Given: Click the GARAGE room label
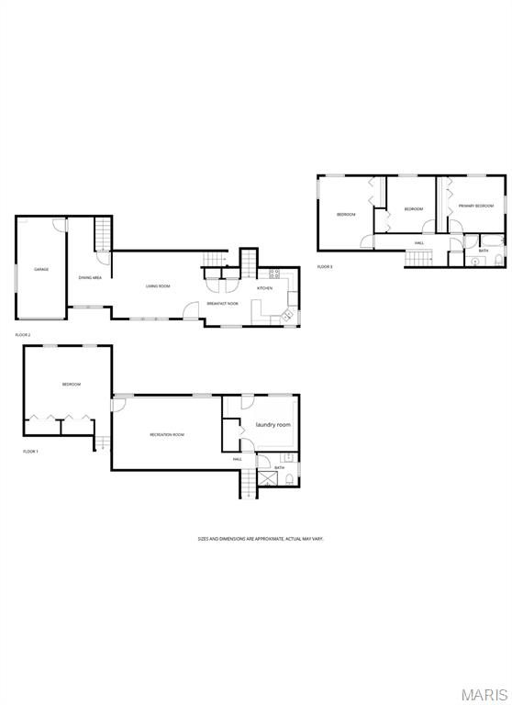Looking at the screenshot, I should click(41, 269).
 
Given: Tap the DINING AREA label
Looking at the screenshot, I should click(90, 277).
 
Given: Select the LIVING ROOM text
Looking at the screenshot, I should click(158, 286).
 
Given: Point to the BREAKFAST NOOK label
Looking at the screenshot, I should click(222, 303).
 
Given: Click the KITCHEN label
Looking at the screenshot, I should click(264, 288).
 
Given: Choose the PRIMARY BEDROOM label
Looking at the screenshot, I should click(476, 206).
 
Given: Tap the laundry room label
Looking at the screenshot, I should click(273, 425).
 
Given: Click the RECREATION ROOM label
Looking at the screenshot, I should click(167, 434).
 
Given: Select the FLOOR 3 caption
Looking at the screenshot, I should click(325, 266).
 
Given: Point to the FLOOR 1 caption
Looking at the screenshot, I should click(31, 452).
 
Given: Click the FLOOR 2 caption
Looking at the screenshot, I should click(23, 335).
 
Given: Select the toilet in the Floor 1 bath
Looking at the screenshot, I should click(289, 481).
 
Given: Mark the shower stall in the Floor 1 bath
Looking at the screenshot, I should click(267, 481).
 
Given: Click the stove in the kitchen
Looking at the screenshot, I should click(273, 274).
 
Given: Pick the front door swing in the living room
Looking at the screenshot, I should click(191, 310).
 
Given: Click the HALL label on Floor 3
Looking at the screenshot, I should click(419, 243).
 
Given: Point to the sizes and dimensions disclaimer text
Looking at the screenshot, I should click(262, 539).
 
